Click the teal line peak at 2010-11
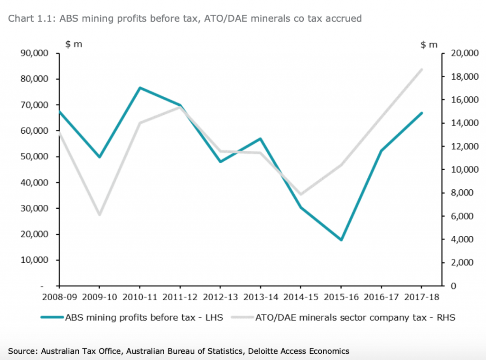140,88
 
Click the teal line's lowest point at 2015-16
341,240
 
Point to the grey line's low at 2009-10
99,215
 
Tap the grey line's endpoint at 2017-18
421,69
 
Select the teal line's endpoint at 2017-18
421,113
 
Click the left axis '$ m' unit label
74,45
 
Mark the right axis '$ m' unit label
429,45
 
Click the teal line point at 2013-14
260,138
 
